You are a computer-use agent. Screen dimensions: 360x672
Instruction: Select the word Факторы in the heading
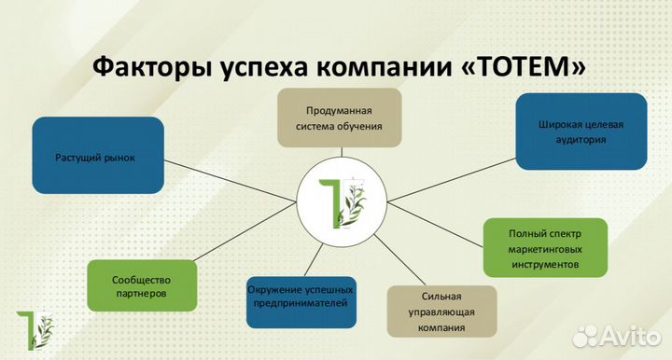click(x=139, y=68)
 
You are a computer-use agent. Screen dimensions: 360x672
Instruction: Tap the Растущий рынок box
click(x=96, y=157)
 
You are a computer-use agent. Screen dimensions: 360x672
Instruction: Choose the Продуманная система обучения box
click(x=339, y=117)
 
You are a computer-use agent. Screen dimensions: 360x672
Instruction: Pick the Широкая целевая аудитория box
click(x=580, y=132)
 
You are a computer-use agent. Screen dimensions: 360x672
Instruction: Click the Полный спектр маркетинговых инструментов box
click(x=545, y=248)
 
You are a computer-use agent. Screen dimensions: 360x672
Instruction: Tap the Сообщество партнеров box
click(x=139, y=285)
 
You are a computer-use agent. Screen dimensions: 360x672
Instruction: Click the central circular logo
click(x=342, y=199)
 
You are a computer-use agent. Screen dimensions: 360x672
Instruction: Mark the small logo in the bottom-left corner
click(x=34, y=329)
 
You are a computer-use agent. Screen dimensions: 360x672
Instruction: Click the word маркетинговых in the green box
click(x=545, y=248)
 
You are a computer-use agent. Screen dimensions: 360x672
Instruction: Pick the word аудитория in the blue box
click(x=580, y=139)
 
